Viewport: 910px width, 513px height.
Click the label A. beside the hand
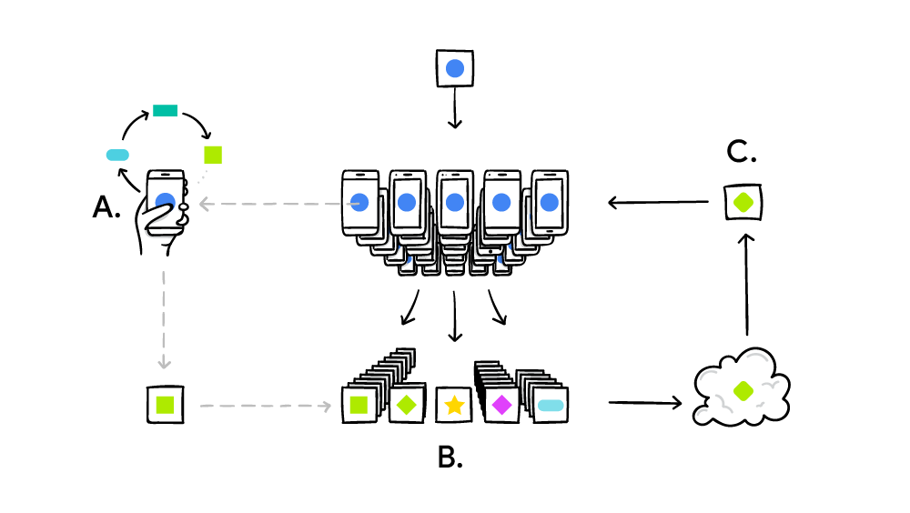coord(106,208)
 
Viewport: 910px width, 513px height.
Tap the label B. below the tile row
coord(450,457)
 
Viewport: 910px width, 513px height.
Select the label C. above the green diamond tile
coord(742,153)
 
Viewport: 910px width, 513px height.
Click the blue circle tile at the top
coord(456,68)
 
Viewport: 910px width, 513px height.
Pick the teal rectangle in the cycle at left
coord(165,110)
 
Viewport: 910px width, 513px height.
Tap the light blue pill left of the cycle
coord(119,155)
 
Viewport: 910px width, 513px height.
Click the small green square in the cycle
coord(213,154)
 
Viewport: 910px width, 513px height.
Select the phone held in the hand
coord(166,201)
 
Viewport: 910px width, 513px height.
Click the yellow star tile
coord(454,405)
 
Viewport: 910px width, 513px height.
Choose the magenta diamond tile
coord(500,405)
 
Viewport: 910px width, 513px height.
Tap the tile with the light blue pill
coord(551,405)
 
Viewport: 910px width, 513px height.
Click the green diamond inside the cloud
coord(743,389)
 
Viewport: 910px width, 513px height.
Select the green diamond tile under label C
coord(743,202)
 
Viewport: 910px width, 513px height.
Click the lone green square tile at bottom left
coord(166,403)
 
